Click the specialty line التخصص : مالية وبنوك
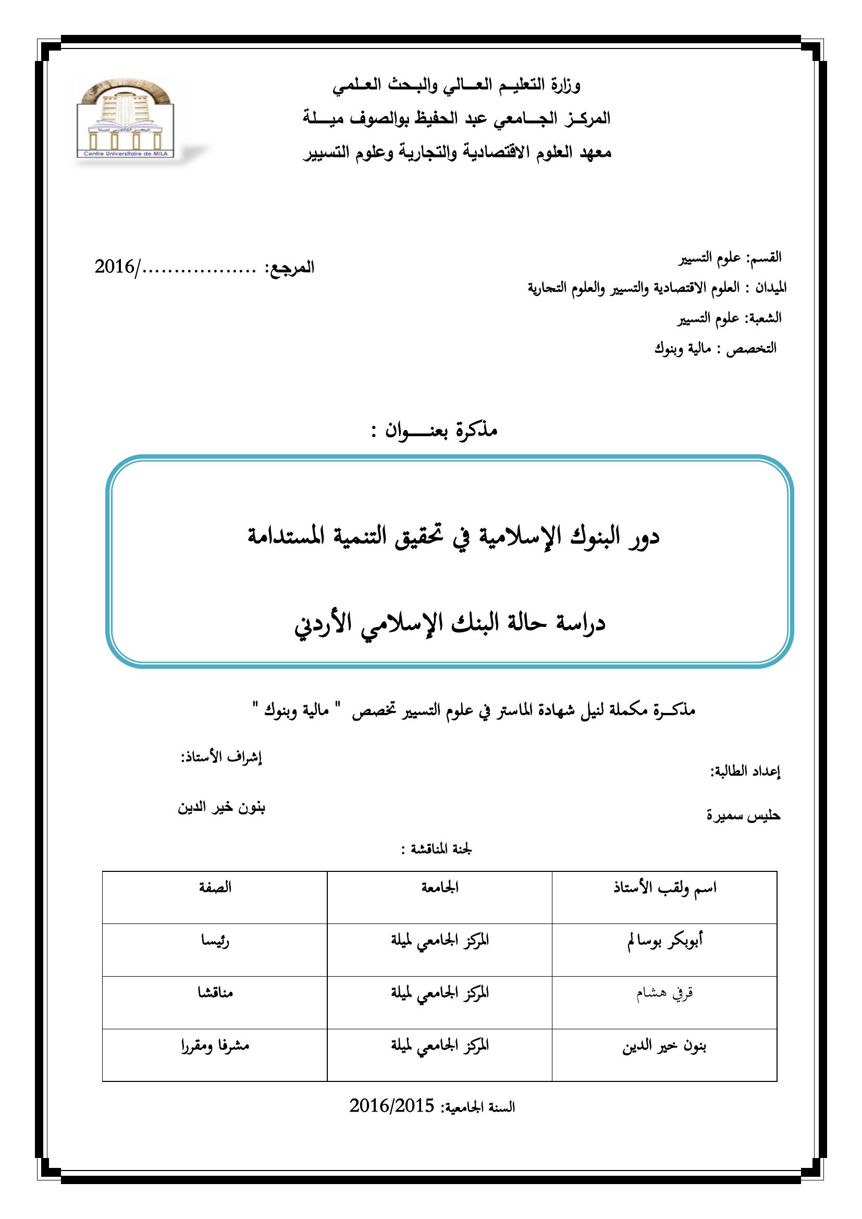715,349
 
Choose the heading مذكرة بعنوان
434,430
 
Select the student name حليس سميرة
743,815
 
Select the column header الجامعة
440,888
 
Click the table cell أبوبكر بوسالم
664,941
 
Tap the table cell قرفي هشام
664,993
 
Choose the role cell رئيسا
215,941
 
